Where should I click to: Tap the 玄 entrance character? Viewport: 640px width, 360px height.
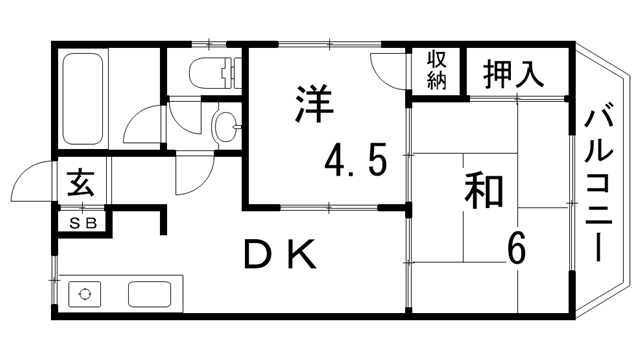coord(79,185)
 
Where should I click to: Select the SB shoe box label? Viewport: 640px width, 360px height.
coord(83,223)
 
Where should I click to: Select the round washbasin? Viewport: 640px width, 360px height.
coord(226,127)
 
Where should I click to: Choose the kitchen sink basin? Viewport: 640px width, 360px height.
coord(150,296)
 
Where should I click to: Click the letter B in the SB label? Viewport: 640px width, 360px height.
coord(90,223)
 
